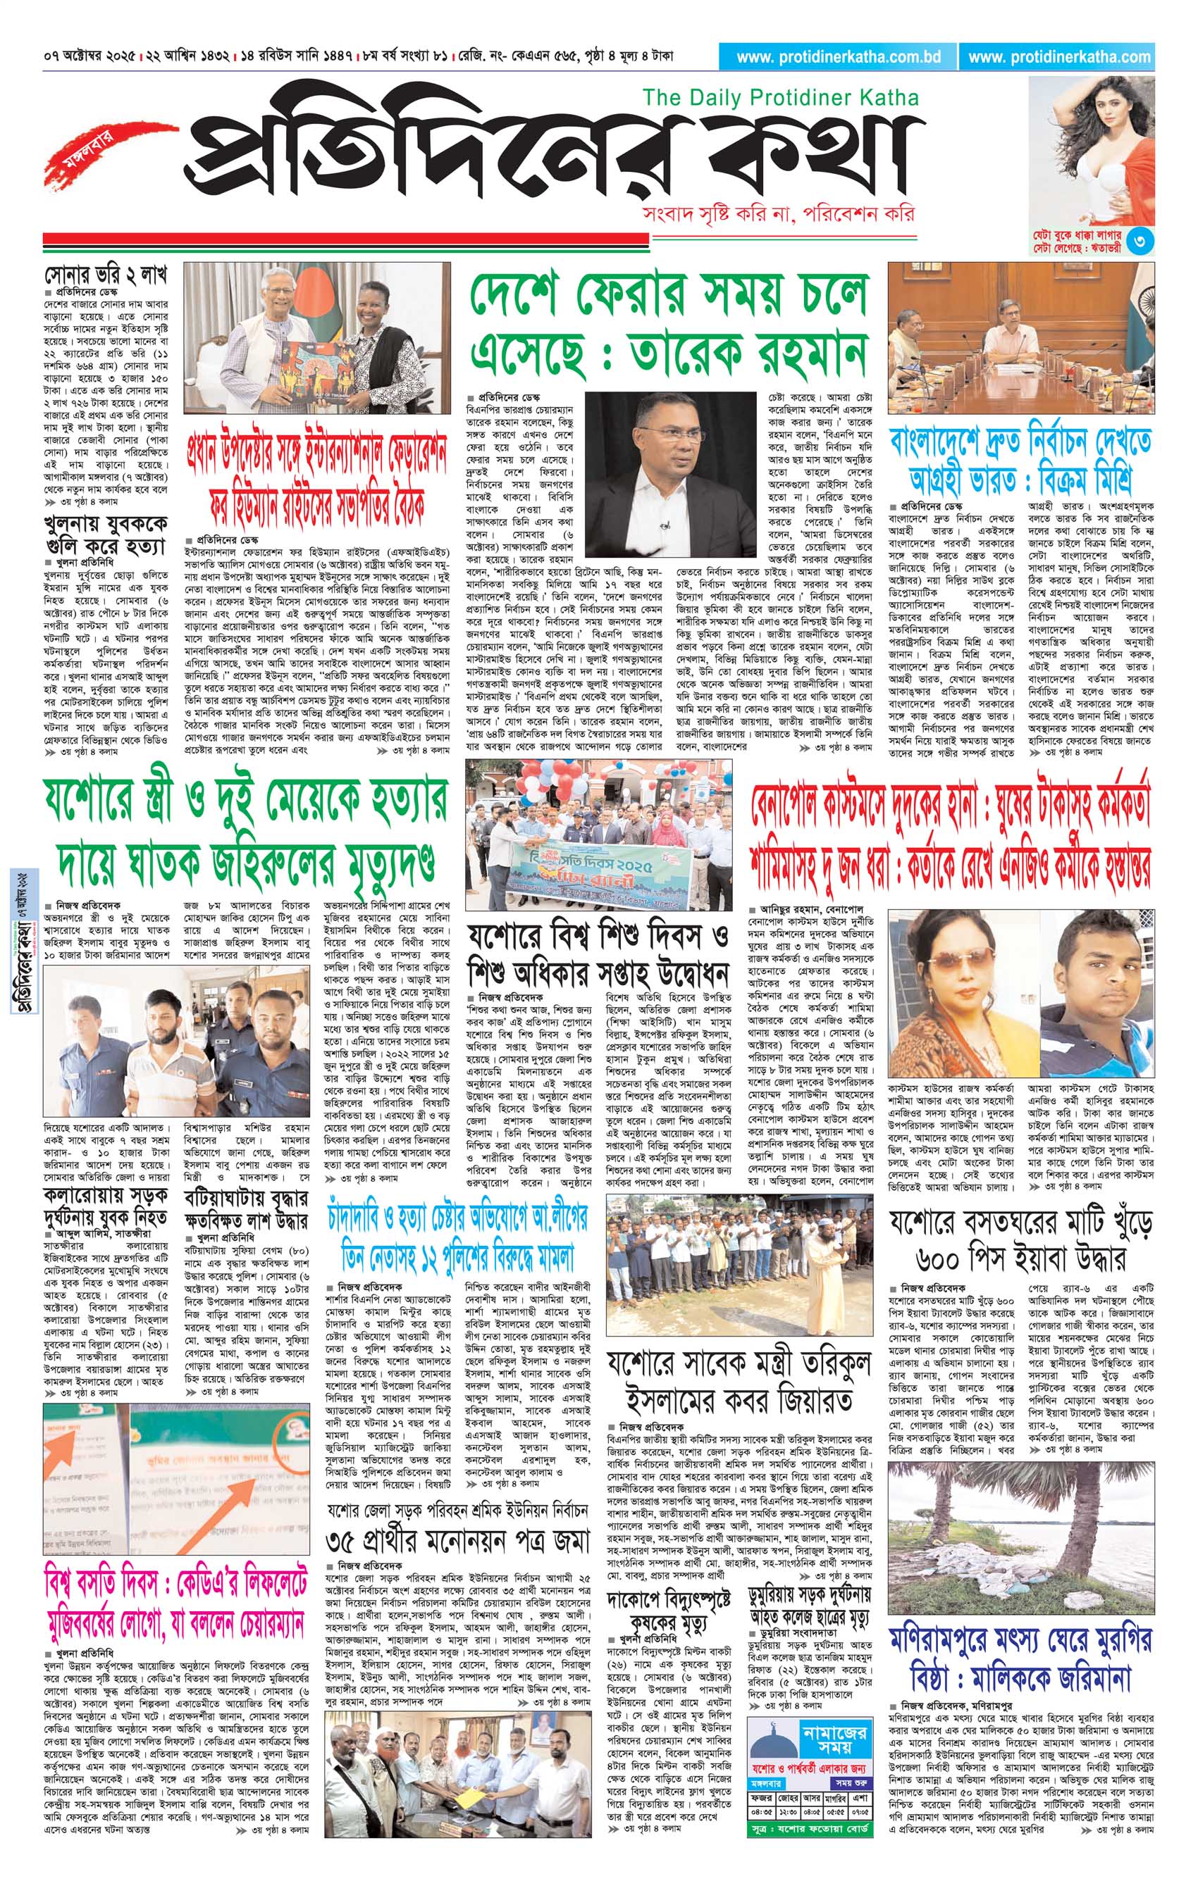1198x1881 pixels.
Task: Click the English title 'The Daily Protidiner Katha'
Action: [x=779, y=98]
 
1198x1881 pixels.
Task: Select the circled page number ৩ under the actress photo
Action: [x=1142, y=242]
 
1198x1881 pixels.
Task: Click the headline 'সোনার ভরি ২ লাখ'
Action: [x=106, y=276]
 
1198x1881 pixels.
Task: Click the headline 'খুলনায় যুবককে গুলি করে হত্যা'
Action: [x=106, y=535]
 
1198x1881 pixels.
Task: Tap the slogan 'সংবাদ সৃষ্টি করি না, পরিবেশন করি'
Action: [x=777, y=213]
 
